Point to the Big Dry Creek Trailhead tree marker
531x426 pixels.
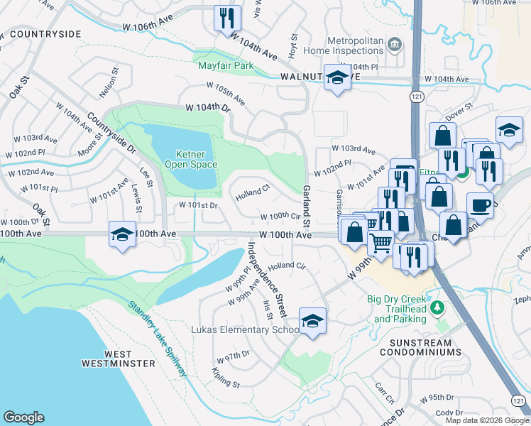[439, 306]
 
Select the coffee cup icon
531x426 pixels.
[480, 204]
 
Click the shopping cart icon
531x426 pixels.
[382, 244]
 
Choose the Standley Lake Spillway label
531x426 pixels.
[158, 339]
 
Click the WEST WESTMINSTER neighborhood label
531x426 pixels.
[119, 359]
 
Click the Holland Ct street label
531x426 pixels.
[253, 191]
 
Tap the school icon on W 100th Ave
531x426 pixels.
[122, 234]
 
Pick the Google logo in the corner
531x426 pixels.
[23, 417]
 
